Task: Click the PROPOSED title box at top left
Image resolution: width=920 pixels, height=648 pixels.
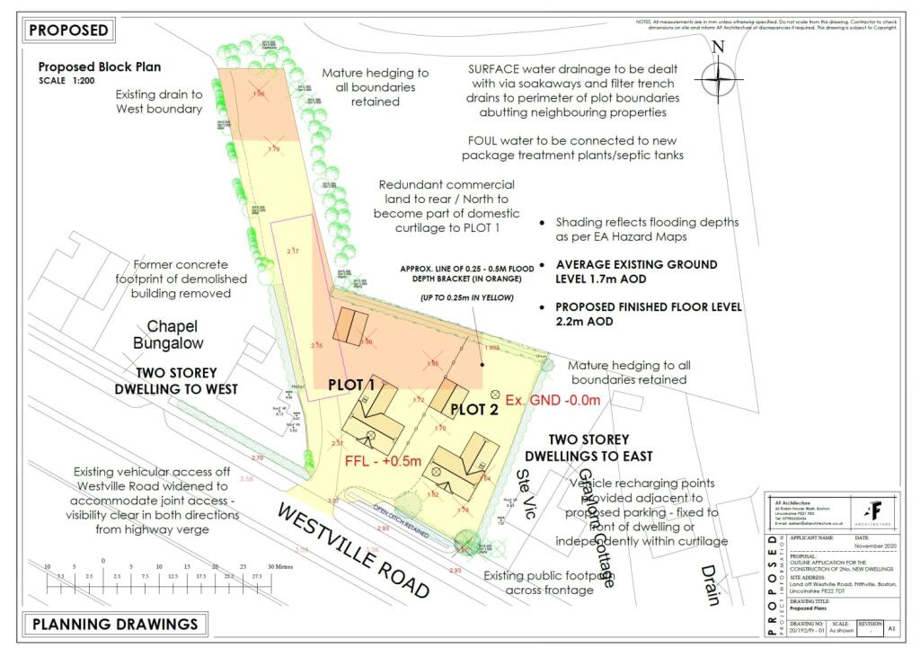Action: (x=69, y=30)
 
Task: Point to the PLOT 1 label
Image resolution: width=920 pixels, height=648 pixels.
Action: (x=351, y=385)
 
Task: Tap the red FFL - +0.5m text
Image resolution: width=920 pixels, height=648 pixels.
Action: (x=384, y=460)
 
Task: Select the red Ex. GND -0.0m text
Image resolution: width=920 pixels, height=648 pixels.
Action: (x=553, y=399)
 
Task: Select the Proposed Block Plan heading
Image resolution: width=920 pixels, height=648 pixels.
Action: (x=99, y=67)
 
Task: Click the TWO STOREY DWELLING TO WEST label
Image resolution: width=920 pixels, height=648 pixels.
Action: (x=176, y=381)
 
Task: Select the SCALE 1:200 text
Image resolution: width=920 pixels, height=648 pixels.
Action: (x=70, y=82)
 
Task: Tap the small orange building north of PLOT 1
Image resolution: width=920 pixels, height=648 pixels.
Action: (x=349, y=324)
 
